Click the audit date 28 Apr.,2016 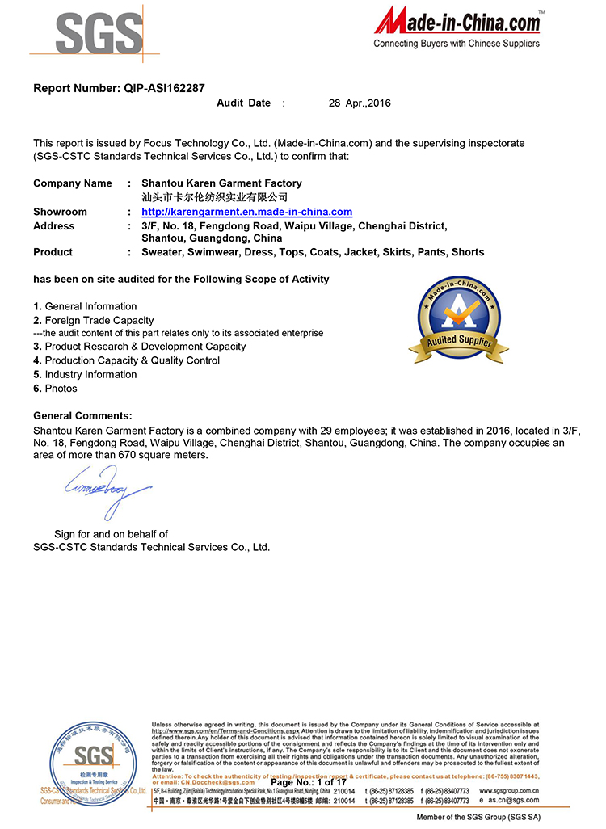pyautogui.click(x=360, y=103)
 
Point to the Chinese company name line pyautogui.click(x=214, y=197)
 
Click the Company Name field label pyautogui.click(x=73, y=183)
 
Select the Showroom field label pyautogui.click(x=60, y=212)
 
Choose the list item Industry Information pyautogui.click(x=90, y=375)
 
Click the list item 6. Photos pyautogui.click(x=56, y=389)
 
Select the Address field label pyautogui.click(x=53, y=226)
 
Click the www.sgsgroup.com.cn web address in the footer pyautogui.click(x=509, y=790)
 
